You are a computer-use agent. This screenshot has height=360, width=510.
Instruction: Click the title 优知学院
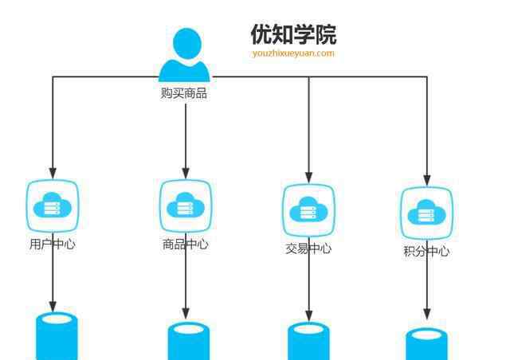click(293, 34)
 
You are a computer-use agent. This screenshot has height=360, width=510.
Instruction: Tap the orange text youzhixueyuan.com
click(293, 53)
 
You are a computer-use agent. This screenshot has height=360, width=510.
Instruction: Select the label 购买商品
click(184, 94)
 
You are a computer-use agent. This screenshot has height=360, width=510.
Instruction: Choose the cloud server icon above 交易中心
click(308, 211)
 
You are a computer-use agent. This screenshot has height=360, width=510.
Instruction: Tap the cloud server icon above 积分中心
click(426, 213)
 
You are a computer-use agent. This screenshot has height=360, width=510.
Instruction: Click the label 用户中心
click(53, 245)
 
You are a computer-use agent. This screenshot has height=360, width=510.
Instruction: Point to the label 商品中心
click(186, 245)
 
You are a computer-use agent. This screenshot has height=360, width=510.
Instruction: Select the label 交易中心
click(308, 248)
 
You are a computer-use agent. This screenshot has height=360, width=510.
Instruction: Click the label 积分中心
click(426, 252)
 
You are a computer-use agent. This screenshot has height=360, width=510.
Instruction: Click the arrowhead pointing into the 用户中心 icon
click(53, 173)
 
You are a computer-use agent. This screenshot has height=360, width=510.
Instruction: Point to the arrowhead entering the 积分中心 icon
click(426, 180)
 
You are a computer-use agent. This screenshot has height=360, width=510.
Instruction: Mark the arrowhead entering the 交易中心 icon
click(308, 176)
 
